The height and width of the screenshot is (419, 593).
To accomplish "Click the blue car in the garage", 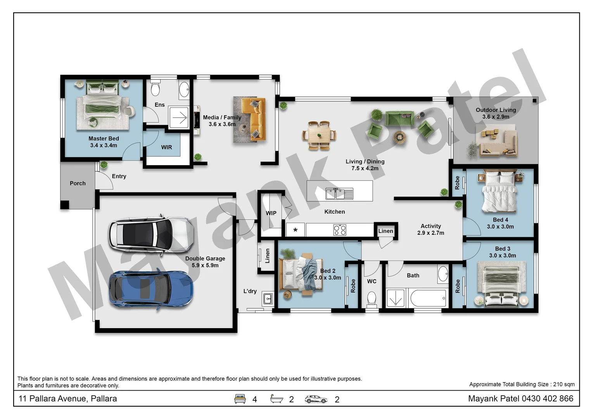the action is pos(150,289).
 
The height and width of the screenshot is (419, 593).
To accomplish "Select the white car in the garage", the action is pos(151,235).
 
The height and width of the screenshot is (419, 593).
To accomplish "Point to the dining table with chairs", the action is pos(319,135).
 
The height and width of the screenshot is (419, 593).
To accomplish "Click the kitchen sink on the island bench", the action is pos(339,194).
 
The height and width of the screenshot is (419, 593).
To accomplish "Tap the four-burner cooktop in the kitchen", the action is pos(340,230).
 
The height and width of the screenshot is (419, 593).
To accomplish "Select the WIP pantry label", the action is pos(271,213).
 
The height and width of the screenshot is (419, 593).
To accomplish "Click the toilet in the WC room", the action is pos(372,299).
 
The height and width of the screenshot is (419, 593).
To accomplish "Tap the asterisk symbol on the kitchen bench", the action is pos(296,230).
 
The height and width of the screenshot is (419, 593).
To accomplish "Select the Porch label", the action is pos(78,183).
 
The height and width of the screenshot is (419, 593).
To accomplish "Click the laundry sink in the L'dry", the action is pos(268,299).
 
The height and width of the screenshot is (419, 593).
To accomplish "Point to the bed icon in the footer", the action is pos(240,399).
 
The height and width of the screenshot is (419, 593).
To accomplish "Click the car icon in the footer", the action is pos(316,399).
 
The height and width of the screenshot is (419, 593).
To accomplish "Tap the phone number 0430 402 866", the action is pos(547,398).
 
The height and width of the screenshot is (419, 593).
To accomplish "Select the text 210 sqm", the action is pos(564,384).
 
